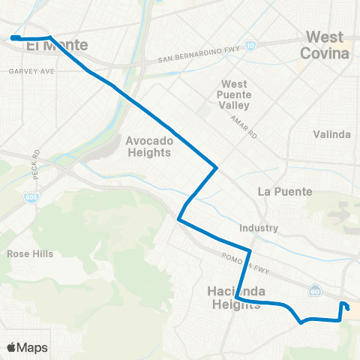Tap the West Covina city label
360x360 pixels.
325,45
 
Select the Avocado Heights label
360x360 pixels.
149,146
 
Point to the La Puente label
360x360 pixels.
284,191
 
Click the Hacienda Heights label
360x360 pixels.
233,296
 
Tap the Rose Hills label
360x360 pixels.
30,253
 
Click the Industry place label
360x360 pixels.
260,228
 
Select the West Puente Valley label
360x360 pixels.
239,95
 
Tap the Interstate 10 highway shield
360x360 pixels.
250,45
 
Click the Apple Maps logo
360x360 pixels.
28,347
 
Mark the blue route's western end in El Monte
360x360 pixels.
14,37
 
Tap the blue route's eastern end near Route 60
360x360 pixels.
347,308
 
